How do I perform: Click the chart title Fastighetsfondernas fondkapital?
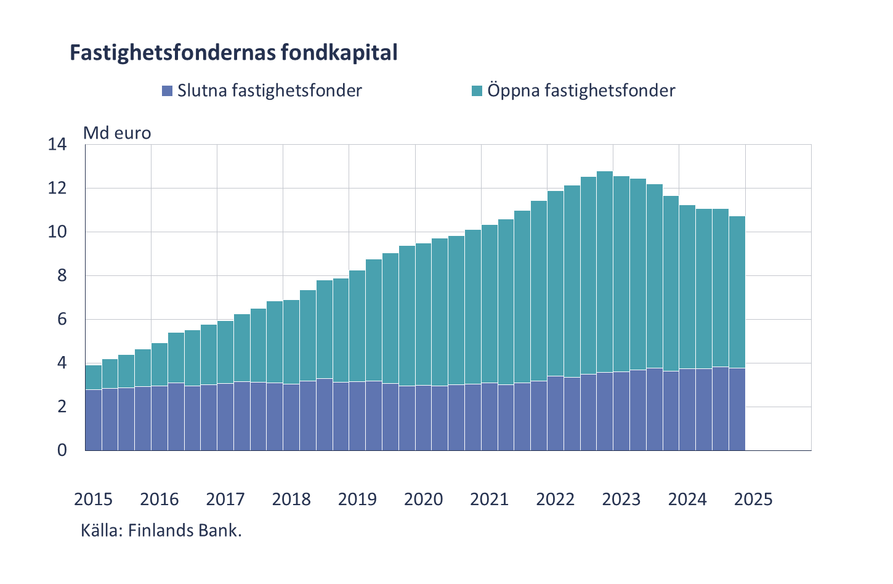coord(233,53)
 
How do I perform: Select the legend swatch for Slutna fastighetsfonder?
coord(166,91)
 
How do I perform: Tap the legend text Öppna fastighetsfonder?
coord(581,91)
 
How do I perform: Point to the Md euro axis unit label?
coord(117,132)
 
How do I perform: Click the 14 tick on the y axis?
coord(58,145)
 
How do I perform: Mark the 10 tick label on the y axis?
coord(58,232)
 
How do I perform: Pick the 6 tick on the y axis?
coord(62,320)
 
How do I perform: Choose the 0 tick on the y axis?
coord(62,450)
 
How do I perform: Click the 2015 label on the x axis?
coord(93,499)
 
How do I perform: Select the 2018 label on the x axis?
coord(291,499)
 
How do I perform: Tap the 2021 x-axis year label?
coord(490,499)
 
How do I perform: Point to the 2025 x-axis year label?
coord(753,499)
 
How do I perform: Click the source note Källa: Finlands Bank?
coord(161,530)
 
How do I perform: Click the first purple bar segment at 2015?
coord(93,420)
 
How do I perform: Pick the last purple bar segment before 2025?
coord(737,409)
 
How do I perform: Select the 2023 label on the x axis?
coord(621,499)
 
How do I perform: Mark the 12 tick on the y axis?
coord(58,189)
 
